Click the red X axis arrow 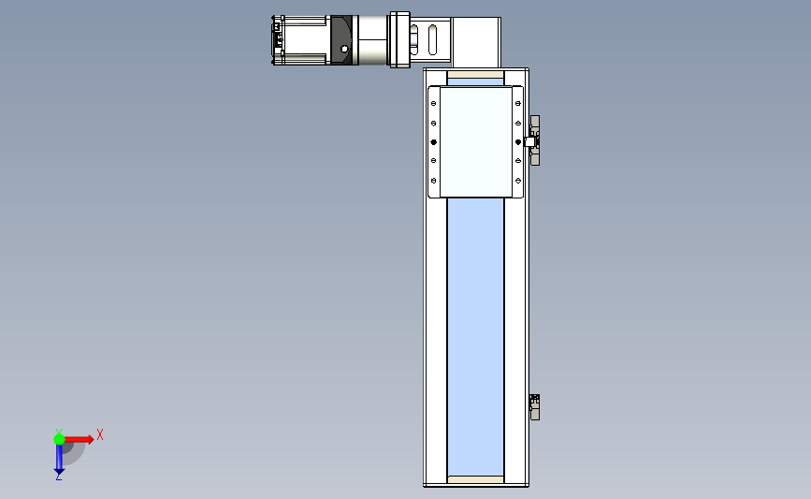tap(79, 439)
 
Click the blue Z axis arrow tap(59, 459)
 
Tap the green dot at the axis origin tap(59, 439)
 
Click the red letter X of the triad tap(100, 434)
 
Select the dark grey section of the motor tap(340, 40)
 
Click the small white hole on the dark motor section tap(345, 50)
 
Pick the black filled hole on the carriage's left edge tap(433, 141)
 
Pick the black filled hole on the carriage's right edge tap(518, 141)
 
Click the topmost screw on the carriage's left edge tap(433, 104)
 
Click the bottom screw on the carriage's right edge tap(518, 181)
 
